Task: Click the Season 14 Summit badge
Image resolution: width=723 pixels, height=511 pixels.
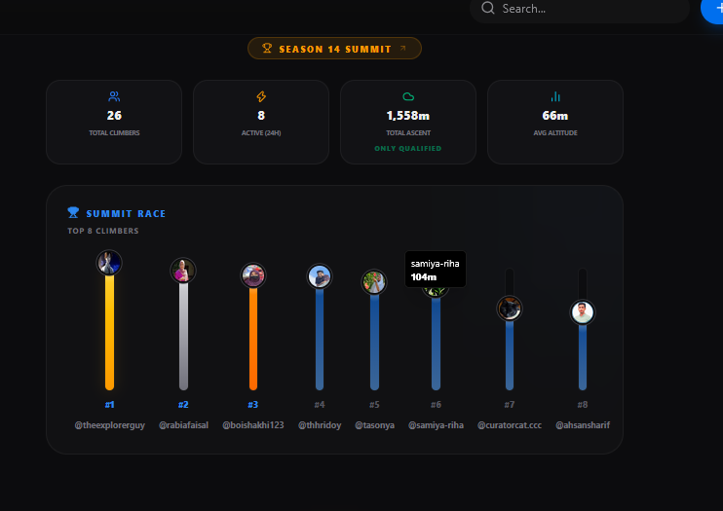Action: pos(334,49)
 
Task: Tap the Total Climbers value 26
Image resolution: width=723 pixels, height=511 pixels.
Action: pos(114,115)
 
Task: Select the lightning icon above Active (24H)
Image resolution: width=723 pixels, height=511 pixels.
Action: pos(261,96)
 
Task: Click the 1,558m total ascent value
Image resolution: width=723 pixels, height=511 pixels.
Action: pos(408,116)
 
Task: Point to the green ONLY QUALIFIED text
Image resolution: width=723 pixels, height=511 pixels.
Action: pos(408,148)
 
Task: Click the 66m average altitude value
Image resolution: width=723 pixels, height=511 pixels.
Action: pos(555,116)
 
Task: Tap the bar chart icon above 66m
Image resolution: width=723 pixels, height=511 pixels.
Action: pos(555,96)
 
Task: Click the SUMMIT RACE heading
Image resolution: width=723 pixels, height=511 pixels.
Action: pos(126,214)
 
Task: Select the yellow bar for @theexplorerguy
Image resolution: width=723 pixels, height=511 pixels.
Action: pos(109,332)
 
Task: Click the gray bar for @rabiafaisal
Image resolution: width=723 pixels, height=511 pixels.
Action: pos(183,336)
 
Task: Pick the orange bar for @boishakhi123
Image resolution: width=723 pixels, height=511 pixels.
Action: pos(253,339)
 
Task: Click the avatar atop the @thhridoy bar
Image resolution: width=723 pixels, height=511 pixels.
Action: pos(320,276)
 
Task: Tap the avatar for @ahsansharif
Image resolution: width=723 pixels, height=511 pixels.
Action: pos(583,312)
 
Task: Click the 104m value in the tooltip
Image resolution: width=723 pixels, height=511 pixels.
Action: pos(423,277)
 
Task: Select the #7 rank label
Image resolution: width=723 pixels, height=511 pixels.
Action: pos(509,405)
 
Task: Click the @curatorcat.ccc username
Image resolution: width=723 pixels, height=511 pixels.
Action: pos(510,425)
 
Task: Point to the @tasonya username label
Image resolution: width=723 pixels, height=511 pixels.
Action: pos(374,425)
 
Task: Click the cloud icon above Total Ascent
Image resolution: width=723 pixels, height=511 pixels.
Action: pos(408,96)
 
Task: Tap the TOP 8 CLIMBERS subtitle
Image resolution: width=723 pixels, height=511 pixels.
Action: pos(103,231)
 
